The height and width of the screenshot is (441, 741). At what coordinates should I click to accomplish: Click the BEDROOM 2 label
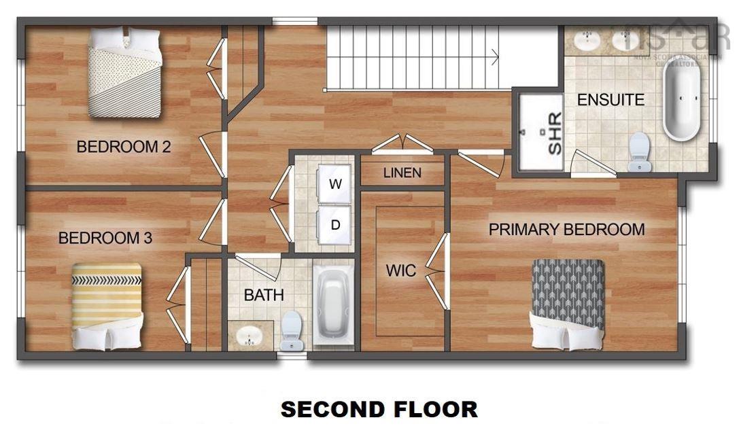(123, 146)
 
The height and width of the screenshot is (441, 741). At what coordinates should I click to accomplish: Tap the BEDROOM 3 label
(105, 238)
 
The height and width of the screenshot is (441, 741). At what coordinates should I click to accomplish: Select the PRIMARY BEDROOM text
(566, 230)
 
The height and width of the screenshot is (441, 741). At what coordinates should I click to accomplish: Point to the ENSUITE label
(610, 100)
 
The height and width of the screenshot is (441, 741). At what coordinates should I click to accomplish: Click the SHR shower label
(554, 134)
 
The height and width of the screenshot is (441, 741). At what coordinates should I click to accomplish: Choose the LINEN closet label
(402, 173)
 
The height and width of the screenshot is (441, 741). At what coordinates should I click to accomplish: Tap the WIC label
(400, 270)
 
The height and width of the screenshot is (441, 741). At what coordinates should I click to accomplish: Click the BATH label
(264, 295)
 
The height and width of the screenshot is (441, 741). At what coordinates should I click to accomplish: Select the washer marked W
(335, 184)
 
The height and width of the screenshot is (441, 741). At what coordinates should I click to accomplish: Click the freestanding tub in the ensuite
(680, 102)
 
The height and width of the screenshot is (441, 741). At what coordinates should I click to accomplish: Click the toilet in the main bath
(292, 330)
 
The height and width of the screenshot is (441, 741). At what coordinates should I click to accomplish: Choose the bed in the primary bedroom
(568, 303)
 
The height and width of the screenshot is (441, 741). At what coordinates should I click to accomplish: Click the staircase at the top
(415, 58)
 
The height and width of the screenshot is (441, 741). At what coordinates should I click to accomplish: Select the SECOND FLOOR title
(379, 409)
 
